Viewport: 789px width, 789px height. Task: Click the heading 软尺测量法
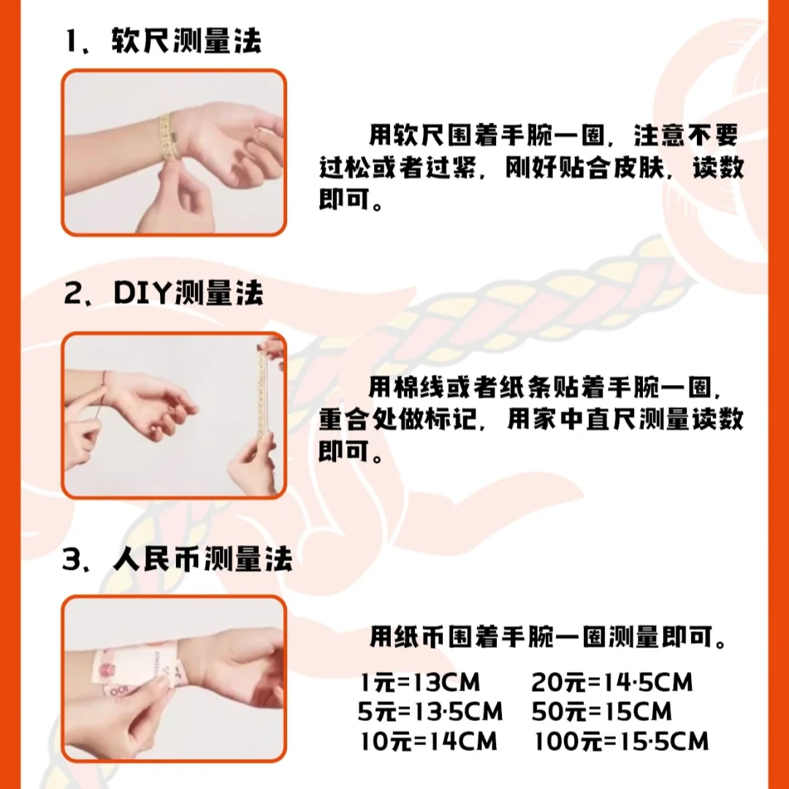[186, 42]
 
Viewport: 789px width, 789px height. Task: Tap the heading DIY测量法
[188, 294]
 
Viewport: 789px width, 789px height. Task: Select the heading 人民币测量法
[202, 560]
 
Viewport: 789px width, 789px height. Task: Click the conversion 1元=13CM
[420, 683]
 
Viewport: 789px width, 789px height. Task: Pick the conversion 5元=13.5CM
[430, 712]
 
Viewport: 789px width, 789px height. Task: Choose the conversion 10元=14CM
[428, 742]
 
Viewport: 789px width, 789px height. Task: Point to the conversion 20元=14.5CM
[611, 683]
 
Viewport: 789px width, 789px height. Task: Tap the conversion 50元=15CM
[601, 712]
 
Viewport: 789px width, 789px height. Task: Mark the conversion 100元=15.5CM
[621, 742]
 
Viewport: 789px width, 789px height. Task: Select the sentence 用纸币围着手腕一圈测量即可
[548, 636]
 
